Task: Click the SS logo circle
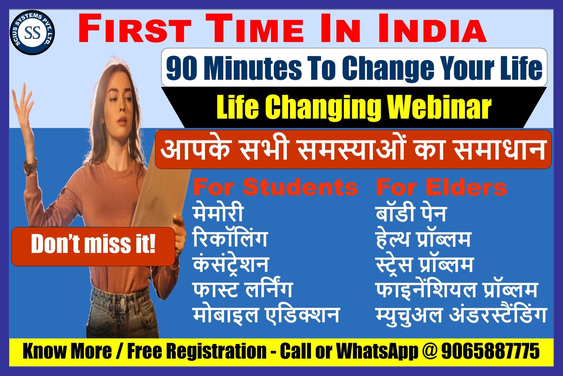tap(32, 33)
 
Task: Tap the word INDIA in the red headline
tap(432, 28)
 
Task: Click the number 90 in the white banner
tap(182, 68)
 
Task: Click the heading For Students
tap(276, 187)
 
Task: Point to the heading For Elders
tap(441, 187)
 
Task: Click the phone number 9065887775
tap(491, 351)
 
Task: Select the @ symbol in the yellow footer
tap(430, 351)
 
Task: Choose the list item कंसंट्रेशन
tap(231, 264)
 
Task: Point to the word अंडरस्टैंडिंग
tap(498, 315)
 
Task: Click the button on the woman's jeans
tap(122, 302)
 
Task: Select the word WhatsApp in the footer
tap(377, 351)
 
